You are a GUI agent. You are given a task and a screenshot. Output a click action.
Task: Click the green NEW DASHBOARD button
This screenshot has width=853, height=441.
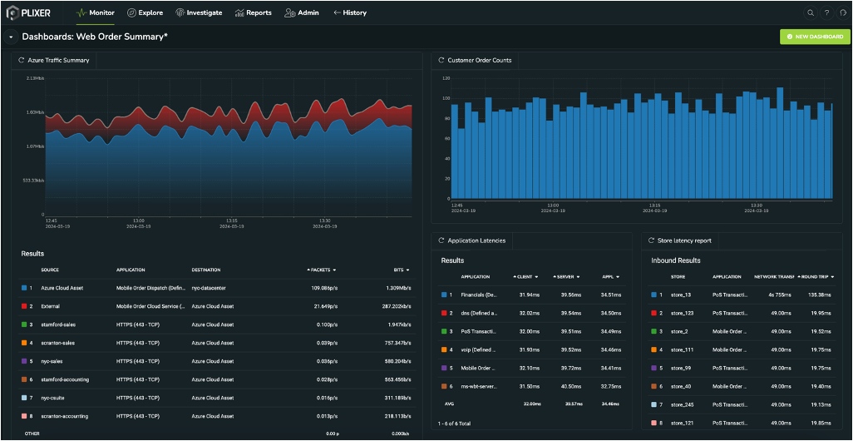(x=814, y=37)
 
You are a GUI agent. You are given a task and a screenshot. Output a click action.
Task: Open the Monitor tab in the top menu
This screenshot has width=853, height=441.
(x=96, y=12)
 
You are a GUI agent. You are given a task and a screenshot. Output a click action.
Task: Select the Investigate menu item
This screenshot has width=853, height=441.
(x=199, y=12)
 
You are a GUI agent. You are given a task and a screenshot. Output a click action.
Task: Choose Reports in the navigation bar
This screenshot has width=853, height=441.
(x=253, y=12)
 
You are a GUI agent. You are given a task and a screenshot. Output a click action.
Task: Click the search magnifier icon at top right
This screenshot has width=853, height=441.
(x=811, y=12)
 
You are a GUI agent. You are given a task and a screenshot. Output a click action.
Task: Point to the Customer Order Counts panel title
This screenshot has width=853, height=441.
(x=479, y=60)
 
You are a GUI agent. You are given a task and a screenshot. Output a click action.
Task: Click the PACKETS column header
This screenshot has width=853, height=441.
(x=321, y=270)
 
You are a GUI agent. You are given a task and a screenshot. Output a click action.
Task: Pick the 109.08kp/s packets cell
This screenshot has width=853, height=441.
(x=323, y=287)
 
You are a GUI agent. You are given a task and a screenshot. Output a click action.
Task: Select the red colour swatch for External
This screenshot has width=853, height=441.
(x=25, y=305)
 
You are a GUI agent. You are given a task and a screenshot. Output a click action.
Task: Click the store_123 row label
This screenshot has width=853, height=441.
(x=682, y=312)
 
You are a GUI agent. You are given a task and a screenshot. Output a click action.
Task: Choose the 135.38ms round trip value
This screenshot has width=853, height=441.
(x=811, y=294)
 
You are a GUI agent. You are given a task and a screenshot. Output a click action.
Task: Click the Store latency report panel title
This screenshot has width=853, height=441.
(x=683, y=240)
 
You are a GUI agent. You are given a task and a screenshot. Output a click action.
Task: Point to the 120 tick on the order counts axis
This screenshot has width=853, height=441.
(x=446, y=79)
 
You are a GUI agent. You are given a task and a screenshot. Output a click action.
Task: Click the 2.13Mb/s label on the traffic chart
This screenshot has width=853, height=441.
(x=35, y=77)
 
